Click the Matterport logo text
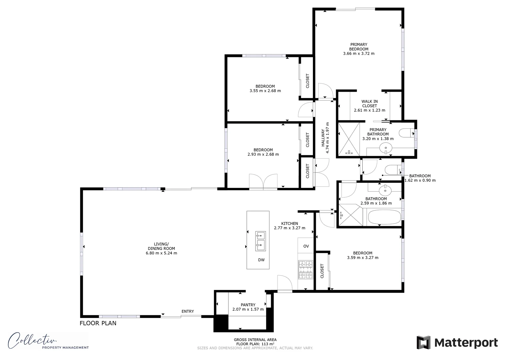tap(466, 343)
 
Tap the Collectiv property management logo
tap(48, 341)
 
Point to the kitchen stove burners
tap(306, 270)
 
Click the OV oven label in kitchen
tap(306, 246)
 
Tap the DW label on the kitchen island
tap(261, 260)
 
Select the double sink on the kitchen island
tap(260, 241)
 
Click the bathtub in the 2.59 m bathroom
tap(384, 217)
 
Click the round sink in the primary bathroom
tap(386, 147)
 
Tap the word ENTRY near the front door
tap(187, 311)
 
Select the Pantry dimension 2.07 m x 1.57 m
tap(248, 309)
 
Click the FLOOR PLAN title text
tap(98, 323)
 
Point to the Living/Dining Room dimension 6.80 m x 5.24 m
tap(161, 253)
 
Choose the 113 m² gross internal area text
tap(255, 344)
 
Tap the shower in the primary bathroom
tap(349, 139)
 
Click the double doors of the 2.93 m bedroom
tap(263, 182)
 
